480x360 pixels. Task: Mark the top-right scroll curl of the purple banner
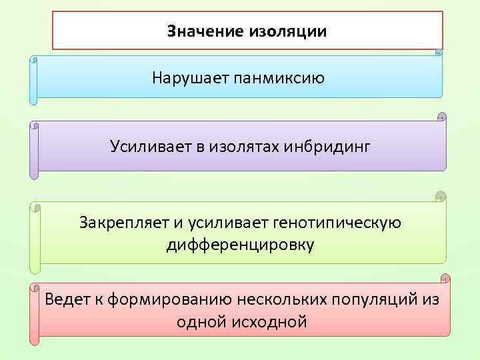[441, 117]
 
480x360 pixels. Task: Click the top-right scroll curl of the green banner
[439, 197]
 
